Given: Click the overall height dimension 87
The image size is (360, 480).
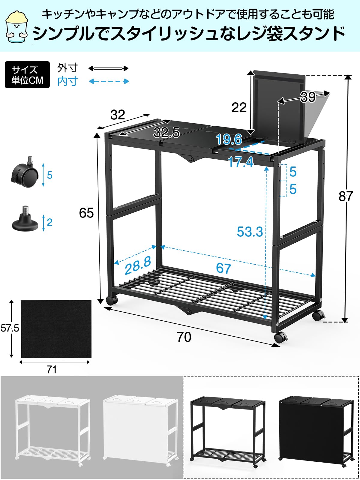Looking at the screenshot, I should point(345,196).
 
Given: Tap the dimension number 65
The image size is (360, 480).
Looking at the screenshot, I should point(86,213).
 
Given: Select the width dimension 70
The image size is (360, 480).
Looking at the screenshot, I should point(184,337).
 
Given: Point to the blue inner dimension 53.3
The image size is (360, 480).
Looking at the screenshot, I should point(250,232).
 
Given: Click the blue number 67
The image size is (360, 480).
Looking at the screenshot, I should point(223,268).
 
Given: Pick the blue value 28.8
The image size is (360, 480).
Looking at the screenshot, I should point(138,265).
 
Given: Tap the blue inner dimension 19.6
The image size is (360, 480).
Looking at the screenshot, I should point(229,139).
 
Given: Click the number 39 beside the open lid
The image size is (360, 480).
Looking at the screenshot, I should point(308,97).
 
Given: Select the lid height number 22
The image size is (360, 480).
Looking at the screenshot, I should point(239,107).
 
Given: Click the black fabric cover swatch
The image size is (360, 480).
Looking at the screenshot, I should point(56,329).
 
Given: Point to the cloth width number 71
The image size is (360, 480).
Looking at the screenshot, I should point(52,370).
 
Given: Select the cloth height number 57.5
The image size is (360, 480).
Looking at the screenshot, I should point(10,328).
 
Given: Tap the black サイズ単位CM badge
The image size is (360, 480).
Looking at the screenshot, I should point(27,75).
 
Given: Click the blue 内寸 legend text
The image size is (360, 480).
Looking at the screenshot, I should point(67,81).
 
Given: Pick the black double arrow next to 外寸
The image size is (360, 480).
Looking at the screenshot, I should point(109,68).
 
